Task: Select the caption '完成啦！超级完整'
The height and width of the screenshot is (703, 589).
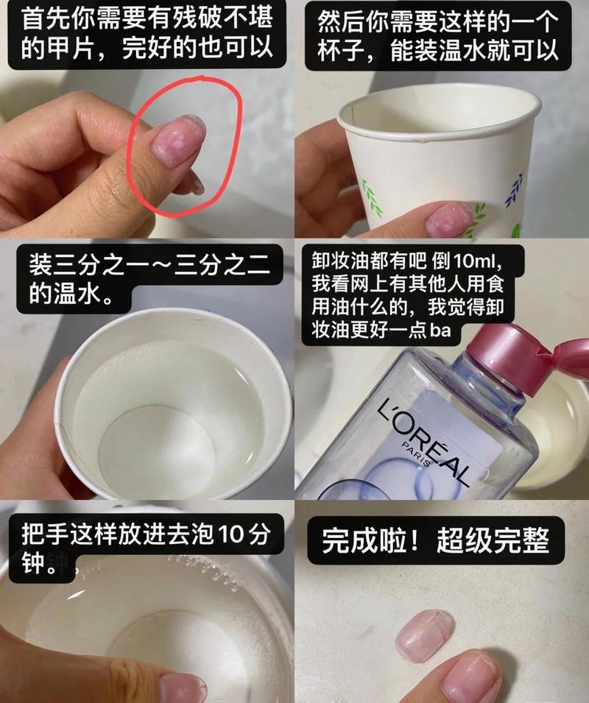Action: [435, 540]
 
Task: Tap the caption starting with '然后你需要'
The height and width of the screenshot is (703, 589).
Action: [438, 36]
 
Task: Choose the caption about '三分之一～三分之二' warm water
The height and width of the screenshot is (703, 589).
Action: [149, 278]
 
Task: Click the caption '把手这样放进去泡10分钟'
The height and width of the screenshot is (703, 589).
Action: [146, 548]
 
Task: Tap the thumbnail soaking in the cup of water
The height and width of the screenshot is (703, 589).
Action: [183, 689]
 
